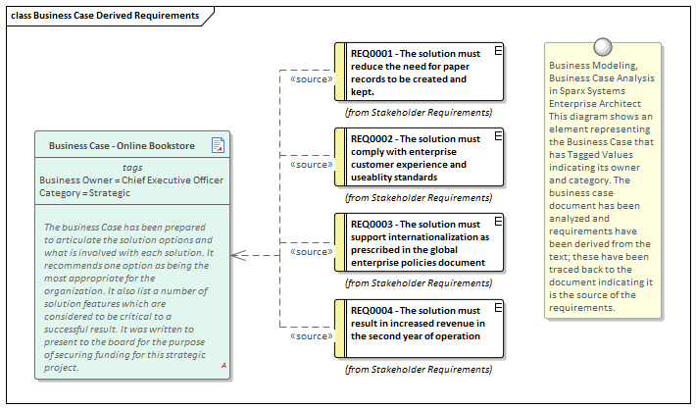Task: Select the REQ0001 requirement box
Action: (419, 72)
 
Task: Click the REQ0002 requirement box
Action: (419, 158)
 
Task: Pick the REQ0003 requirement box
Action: (419, 244)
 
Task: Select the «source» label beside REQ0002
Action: (313, 165)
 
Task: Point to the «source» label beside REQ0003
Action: (313, 251)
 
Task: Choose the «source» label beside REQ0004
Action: (313, 336)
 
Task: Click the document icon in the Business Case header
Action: (218, 146)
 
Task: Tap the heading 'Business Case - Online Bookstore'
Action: (122, 146)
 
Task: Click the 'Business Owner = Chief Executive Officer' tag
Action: (131, 180)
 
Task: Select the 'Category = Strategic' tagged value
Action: (84, 193)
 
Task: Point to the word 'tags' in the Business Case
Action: (131, 168)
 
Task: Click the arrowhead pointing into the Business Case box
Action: (238, 255)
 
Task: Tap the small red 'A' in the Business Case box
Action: (224, 366)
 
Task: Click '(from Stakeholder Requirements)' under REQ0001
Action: (419, 112)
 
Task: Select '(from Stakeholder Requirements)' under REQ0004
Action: (419, 369)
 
